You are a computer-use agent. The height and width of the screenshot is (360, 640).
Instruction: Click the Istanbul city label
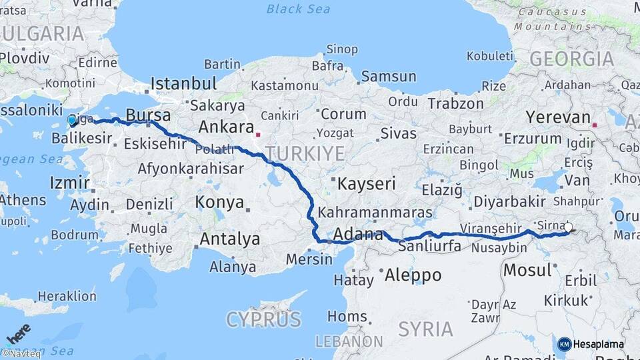(x=183, y=84)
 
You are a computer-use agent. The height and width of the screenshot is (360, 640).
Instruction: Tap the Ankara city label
(x=226, y=127)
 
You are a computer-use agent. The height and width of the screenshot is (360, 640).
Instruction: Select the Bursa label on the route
(x=148, y=115)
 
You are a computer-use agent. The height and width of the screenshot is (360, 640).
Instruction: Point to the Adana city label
(x=357, y=235)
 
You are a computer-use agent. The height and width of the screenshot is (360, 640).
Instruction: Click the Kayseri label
(x=366, y=184)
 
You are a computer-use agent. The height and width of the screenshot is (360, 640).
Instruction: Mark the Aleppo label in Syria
(x=413, y=275)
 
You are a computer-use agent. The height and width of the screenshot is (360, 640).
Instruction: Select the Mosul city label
(x=527, y=270)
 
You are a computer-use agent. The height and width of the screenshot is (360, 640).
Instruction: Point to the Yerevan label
(x=558, y=118)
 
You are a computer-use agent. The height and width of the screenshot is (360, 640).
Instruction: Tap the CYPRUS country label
(x=263, y=320)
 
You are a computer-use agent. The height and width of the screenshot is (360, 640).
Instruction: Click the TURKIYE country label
(x=307, y=154)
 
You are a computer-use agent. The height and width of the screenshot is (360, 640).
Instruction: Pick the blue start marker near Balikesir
(x=72, y=121)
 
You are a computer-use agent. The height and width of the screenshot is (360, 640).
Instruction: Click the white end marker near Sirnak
(x=568, y=227)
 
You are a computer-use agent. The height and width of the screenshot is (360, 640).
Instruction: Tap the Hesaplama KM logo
(x=591, y=344)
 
